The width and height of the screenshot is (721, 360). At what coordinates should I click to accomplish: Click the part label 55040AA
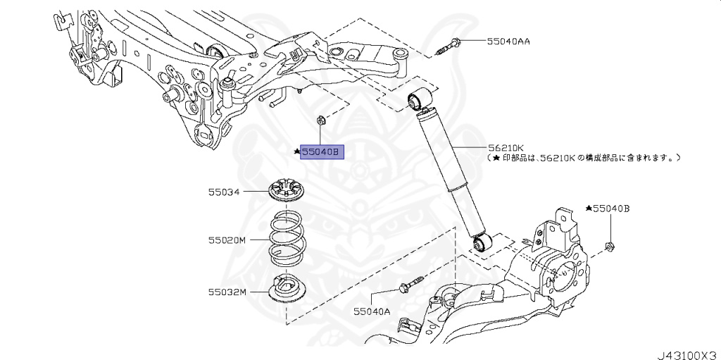(508, 42)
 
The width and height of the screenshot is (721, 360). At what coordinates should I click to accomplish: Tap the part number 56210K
(506, 148)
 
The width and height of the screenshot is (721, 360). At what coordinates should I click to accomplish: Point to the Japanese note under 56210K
(584, 159)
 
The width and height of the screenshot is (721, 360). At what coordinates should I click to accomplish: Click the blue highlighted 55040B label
(322, 151)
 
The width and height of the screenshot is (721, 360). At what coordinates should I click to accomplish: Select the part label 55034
(223, 191)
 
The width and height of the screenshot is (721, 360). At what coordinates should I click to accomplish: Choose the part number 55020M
(227, 240)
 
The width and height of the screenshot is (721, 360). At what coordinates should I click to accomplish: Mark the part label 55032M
(227, 291)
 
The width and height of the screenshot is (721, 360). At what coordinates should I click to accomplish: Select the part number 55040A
(371, 311)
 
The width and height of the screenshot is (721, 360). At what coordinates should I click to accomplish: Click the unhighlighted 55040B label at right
(610, 209)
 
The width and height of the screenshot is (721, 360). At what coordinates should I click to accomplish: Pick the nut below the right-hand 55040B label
(609, 247)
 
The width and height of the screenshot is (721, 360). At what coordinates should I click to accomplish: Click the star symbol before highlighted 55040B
(298, 151)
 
